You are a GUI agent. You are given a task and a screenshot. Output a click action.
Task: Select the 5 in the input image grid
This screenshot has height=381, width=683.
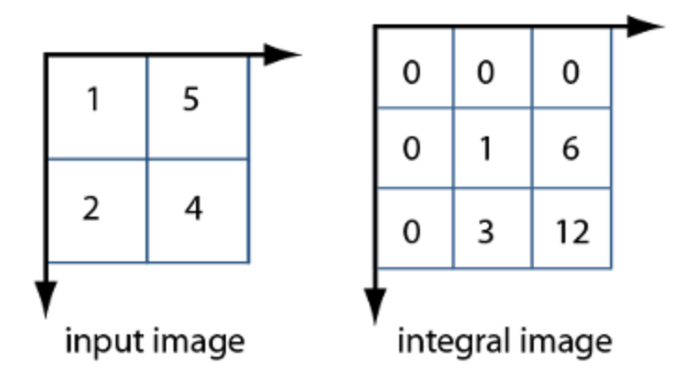coord(191,100)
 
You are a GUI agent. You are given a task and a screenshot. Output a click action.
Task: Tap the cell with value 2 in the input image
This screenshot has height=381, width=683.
coord(91,208)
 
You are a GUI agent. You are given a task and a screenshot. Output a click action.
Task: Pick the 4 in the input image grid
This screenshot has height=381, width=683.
coord(193,208)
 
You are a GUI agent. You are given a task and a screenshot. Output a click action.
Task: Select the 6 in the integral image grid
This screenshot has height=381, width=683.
coord(570,149)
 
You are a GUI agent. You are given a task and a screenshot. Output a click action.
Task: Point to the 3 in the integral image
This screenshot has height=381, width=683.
coord(485,231)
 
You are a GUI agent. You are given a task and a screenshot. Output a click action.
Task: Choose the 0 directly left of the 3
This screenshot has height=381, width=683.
coord(411,231)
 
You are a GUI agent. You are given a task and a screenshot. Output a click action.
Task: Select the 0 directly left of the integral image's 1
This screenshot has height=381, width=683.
coord(411,149)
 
